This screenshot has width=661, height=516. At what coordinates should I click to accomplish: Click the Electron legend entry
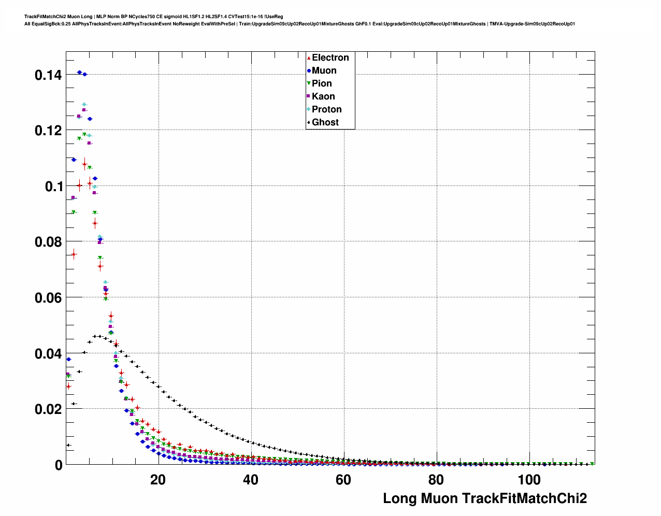pyautogui.click(x=330, y=58)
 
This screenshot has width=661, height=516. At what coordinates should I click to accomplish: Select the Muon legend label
pyautogui.click(x=324, y=70)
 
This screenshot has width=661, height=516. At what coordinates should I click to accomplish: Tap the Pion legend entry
pyautogui.click(x=322, y=83)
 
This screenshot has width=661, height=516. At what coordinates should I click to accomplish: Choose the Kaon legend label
pyautogui.click(x=323, y=96)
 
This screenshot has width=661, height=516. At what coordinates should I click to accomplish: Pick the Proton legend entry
pyautogui.click(x=326, y=109)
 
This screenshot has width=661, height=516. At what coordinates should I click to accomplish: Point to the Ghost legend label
pyautogui.click(x=325, y=122)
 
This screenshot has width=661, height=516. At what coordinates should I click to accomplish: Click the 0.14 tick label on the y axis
pyautogui.click(x=48, y=75)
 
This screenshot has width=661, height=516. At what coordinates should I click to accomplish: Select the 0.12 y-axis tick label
pyautogui.click(x=48, y=131)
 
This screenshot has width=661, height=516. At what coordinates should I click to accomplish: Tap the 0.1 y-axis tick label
pyautogui.click(x=53, y=187)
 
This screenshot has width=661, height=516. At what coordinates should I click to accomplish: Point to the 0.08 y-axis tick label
pyautogui.click(x=48, y=242)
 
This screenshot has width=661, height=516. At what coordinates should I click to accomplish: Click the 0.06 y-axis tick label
pyautogui.click(x=48, y=298)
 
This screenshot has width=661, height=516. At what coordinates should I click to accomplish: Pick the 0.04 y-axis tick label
pyautogui.click(x=48, y=354)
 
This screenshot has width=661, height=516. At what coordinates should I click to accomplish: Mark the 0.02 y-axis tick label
pyautogui.click(x=48, y=409)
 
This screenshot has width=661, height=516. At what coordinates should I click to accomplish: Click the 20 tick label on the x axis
pyautogui.click(x=158, y=480)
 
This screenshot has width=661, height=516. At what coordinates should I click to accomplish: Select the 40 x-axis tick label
pyautogui.click(x=251, y=480)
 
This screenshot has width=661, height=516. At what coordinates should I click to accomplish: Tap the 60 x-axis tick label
pyautogui.click(x=343, y=480)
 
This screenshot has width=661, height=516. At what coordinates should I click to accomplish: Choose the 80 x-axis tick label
pyautogui.click(x=436, y=480)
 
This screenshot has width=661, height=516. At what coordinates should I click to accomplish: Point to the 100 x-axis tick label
pyautogui.click(x=529, y=480)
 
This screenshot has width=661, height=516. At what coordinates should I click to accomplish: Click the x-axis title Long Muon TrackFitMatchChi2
pyautogui.click(x=484, y=498)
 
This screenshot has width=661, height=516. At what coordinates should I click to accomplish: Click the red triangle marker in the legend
pyautogui.click(x=309, y=58)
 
